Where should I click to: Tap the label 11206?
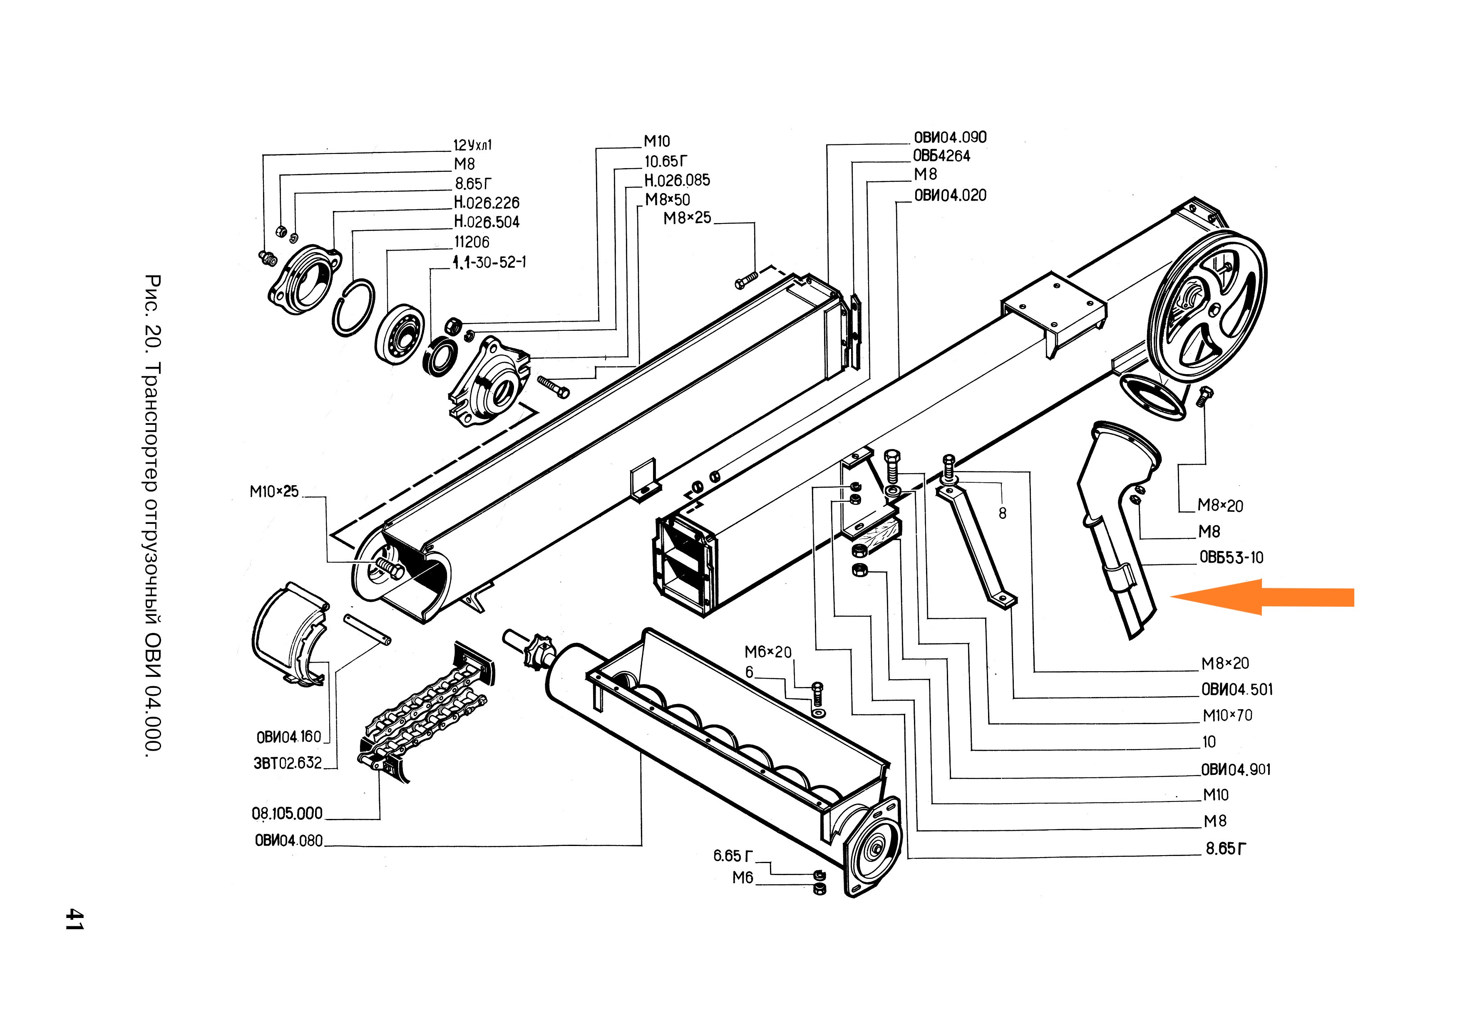point(471,242)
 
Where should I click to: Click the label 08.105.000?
point(287,813)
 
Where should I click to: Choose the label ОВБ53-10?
point(1231,558)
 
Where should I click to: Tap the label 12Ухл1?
point(472,145)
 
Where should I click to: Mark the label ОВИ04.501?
point(1236,689)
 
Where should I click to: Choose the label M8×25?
point(687,218)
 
